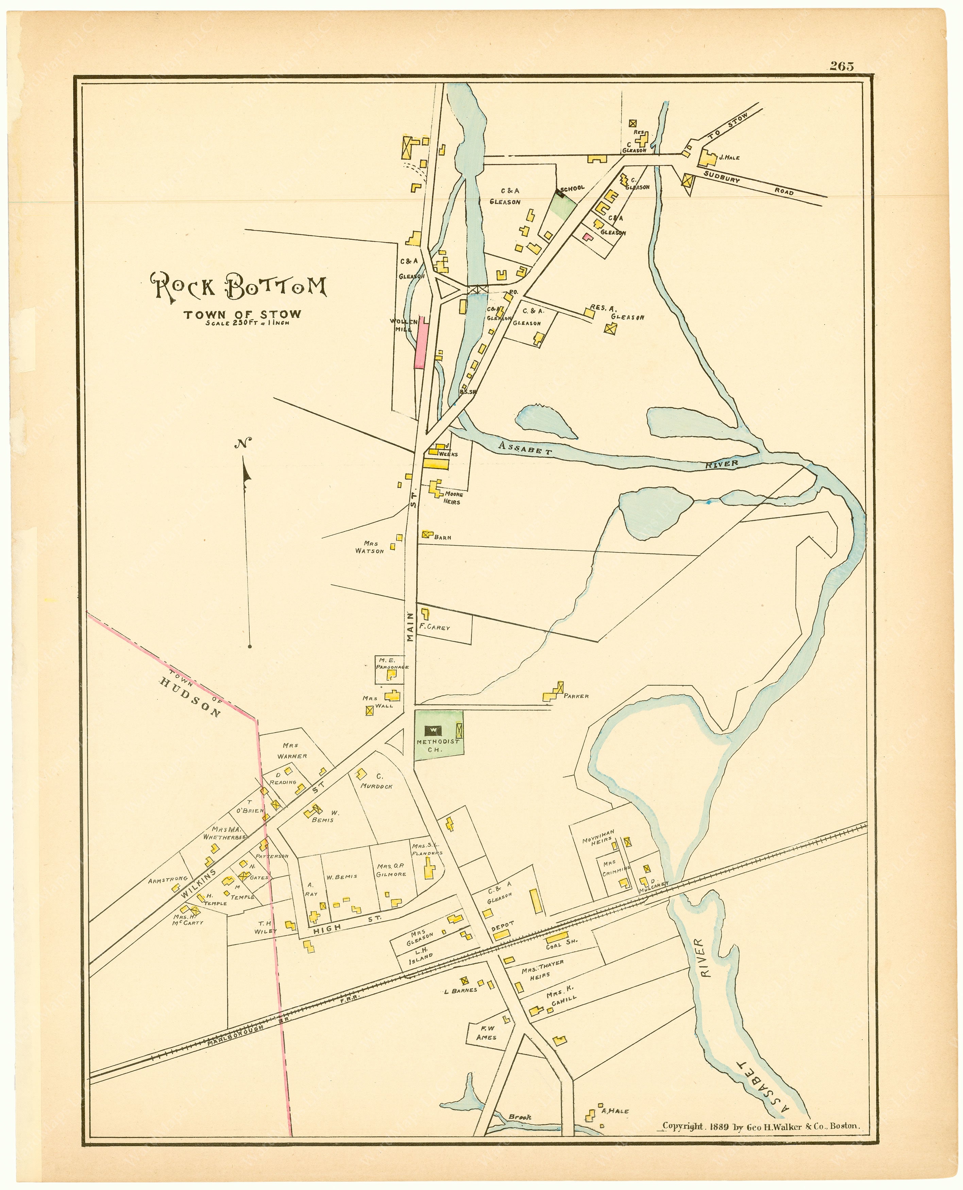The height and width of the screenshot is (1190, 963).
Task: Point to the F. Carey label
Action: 434,628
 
